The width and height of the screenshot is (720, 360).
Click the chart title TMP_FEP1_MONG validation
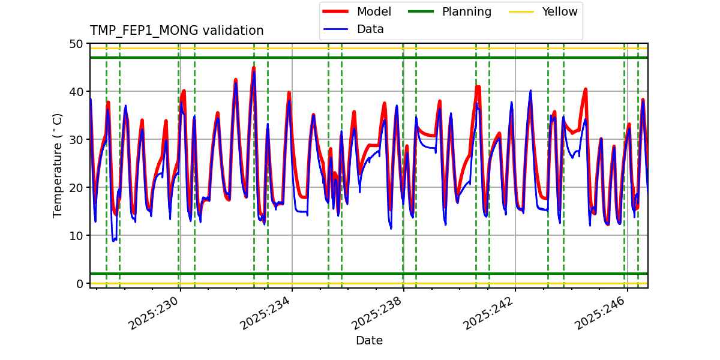176,31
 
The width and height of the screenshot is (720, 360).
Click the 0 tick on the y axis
79,284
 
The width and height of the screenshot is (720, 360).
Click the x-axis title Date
369,341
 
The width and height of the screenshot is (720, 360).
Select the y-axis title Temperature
58,165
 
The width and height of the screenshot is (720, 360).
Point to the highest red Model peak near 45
254,67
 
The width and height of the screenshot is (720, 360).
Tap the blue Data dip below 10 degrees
113,240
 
